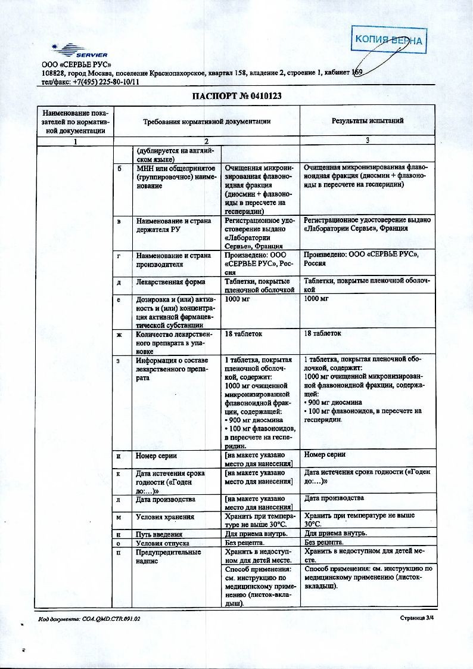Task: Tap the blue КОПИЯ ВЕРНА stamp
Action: pos(388,40)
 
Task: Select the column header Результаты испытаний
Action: pos(368,121)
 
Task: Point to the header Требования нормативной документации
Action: pos(207,121)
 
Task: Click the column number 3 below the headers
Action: pos(368,141)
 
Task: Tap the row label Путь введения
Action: pos(159,534)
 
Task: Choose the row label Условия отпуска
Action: pos(163,543)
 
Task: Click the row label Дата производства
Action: pos(166,498)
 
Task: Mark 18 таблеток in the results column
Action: pos(322,333)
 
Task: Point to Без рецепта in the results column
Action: pos(323,543)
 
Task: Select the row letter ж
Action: pos(120,334)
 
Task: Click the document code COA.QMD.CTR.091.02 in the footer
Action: pos(89,620)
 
